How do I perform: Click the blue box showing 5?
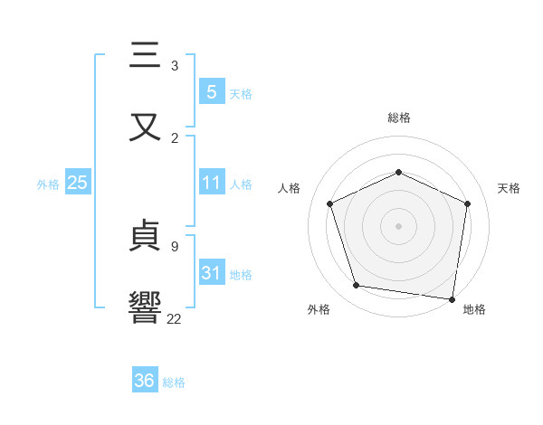tap(211, 91)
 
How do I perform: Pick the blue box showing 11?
tap(211, 183)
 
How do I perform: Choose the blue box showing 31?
tap(211, 272)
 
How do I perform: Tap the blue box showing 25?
tap(77, 183)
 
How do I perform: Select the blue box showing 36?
tap(145, 381)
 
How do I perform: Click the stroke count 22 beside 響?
tap(175, 318)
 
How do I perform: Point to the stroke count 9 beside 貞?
tap(175, 246)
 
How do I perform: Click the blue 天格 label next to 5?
tap(241, 93)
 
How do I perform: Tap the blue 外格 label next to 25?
tap(48, 184)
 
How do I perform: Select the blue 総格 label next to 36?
tap(174, 382)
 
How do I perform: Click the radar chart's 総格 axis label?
tap(398, 118)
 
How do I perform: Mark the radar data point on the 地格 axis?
tap(452, 298)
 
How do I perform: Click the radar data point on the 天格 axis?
tap(468, 203)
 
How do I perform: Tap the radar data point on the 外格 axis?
tap(357, 286)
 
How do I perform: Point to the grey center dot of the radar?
tap(398, 226)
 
